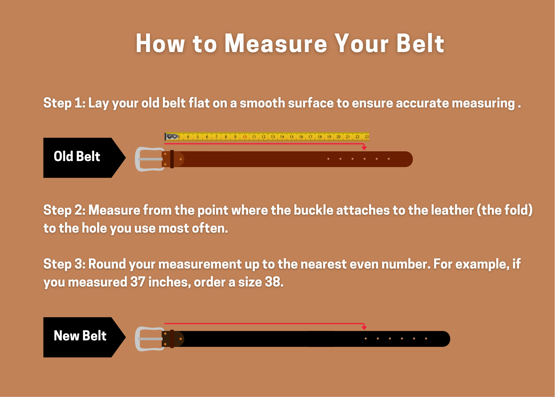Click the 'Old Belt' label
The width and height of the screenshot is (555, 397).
click(x=77, y=156)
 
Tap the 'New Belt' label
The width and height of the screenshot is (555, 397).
click(x=80, y=336)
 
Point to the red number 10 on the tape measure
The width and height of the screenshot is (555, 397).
click(x=245, y=137)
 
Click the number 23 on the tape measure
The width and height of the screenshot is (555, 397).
click(x=367, y=137)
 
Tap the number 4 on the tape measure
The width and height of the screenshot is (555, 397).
click(x=188, y=137)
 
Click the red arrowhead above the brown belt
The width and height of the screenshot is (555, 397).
click(x=364, y=148)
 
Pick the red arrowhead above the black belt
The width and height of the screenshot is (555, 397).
click(x=364, y=328)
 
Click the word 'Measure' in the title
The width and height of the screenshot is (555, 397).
click(x=276, y=44)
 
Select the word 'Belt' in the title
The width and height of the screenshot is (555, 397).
click(x=420, y=44)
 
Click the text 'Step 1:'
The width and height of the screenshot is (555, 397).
click(x=64, y=103)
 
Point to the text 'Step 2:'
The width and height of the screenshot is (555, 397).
click(x=64, y=210)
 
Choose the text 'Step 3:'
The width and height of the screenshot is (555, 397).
click(x=64, y=264)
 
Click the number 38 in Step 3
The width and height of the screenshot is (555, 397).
click(x=272, y=282)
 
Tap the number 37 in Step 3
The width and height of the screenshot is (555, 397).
click(x=138, y=282)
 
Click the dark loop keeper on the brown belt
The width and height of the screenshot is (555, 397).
click(x=172, y=159)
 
